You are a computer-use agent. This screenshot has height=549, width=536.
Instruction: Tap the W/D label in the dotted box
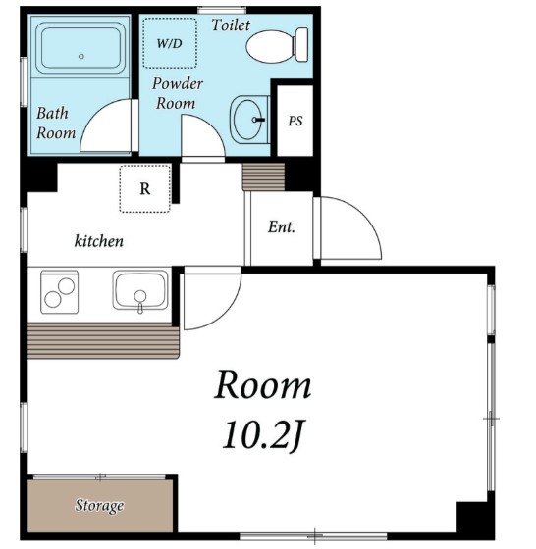[169, 44]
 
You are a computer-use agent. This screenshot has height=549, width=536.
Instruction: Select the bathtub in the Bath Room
[80, 48]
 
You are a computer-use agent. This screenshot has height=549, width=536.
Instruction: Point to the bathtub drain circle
[81, 56]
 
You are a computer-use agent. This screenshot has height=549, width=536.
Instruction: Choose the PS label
[295, 121]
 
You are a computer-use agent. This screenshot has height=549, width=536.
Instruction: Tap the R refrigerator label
[145, 188]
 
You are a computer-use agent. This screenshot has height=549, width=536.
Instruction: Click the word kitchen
[99, 241]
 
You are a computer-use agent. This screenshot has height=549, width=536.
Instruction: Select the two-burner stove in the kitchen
[59, 292]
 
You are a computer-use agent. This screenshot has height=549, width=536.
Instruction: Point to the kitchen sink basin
[140, 290]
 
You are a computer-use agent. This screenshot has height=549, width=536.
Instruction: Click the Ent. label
[282, 226]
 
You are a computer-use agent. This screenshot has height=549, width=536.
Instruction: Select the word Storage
[99, 505]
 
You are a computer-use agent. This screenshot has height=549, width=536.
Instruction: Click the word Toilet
[231, 25]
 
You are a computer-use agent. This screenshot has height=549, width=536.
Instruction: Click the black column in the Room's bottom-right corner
[472, 517]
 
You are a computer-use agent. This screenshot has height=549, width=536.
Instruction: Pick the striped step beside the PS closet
[263, 176]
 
